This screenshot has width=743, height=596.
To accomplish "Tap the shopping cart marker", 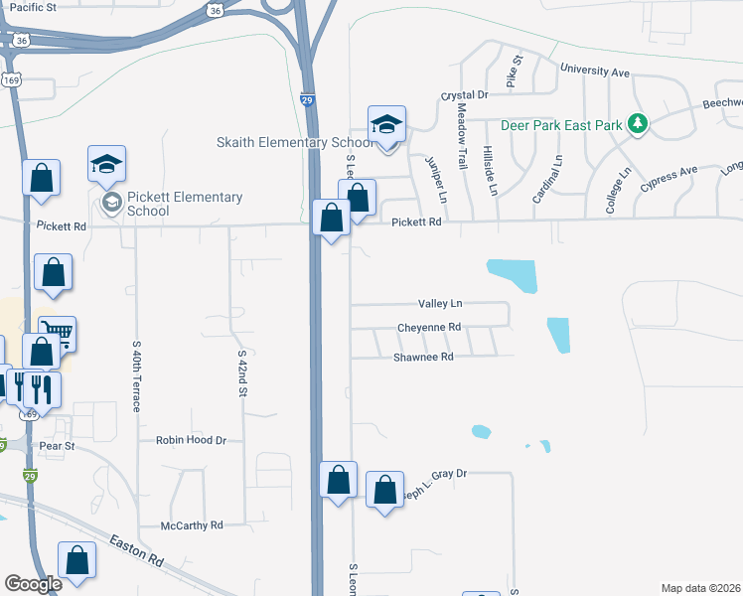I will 59,335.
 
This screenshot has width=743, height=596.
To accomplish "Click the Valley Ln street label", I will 441,304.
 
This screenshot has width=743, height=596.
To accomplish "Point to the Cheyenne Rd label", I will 429,327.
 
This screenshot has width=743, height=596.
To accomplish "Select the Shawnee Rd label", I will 423,357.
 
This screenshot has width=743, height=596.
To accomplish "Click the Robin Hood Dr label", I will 192,439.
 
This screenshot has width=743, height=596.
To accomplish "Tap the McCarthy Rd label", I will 193,524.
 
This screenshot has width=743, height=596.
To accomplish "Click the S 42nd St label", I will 241,372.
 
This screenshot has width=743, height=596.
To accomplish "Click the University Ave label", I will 595,72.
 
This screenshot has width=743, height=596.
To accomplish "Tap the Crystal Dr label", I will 465,95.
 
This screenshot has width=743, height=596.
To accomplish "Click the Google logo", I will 33,584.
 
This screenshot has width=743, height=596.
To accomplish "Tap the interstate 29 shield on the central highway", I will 307,100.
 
